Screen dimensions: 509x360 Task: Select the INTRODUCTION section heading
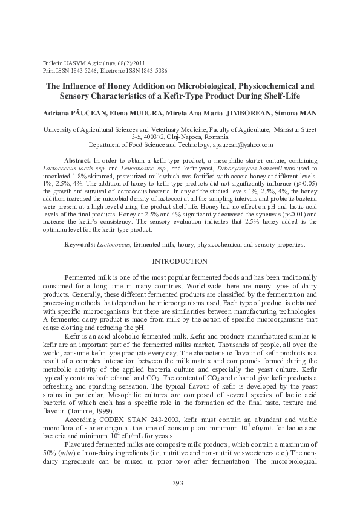(180, 261)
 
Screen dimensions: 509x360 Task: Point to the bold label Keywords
(80, 244)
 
